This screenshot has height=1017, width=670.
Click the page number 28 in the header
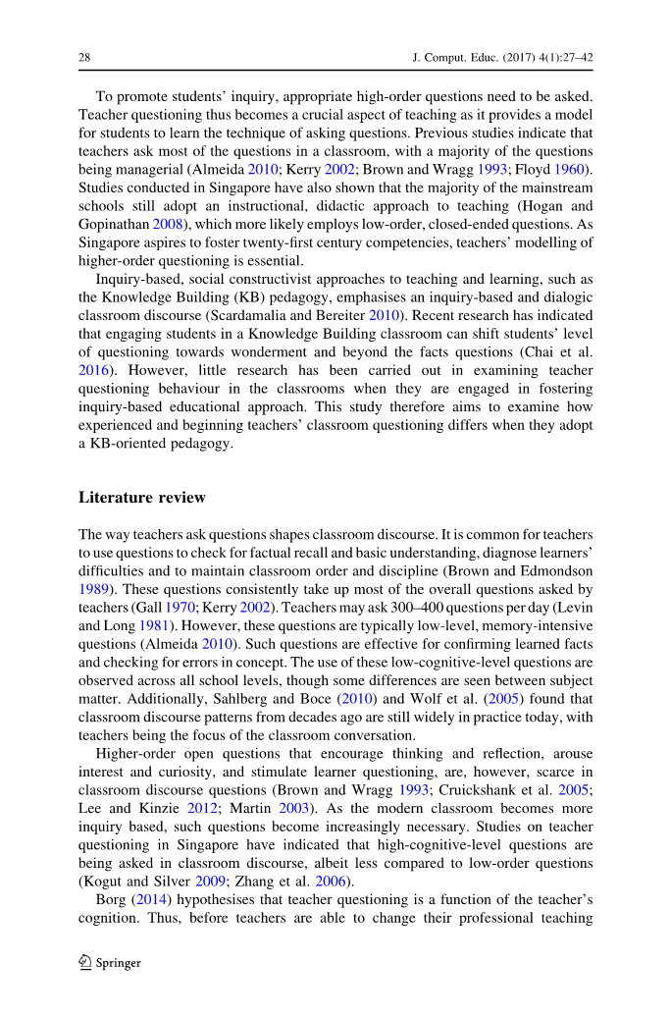click(84, 58)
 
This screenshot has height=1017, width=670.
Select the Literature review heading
click(141, 498)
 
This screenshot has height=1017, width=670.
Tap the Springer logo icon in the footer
click(84, 963)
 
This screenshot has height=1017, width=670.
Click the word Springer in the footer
click(118, 963)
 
